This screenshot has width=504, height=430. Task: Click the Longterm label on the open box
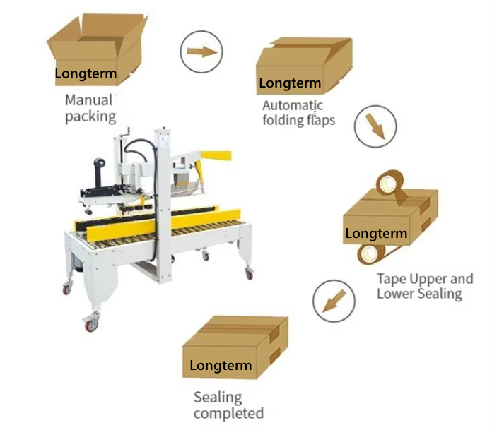(86, 73)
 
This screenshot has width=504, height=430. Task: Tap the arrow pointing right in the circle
(202, 52)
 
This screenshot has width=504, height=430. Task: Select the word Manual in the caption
(89, 100)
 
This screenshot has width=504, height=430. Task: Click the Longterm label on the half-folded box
(290, 83)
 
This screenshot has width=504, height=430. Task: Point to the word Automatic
(293, 105)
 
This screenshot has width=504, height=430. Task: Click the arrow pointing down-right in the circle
(375, 126)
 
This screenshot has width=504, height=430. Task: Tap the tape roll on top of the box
(390, 184)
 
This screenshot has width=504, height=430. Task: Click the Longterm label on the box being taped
(376, 234)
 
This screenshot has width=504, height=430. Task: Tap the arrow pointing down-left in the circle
(334, 301)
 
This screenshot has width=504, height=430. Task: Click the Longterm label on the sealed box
(221, 366)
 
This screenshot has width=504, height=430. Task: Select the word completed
(228, 413)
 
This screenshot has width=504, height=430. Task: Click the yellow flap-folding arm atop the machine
(216, 156)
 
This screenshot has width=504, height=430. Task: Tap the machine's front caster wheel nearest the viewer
(91, 323)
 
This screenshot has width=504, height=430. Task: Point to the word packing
(90, 117)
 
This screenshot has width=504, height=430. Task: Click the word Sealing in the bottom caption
(218, 398)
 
